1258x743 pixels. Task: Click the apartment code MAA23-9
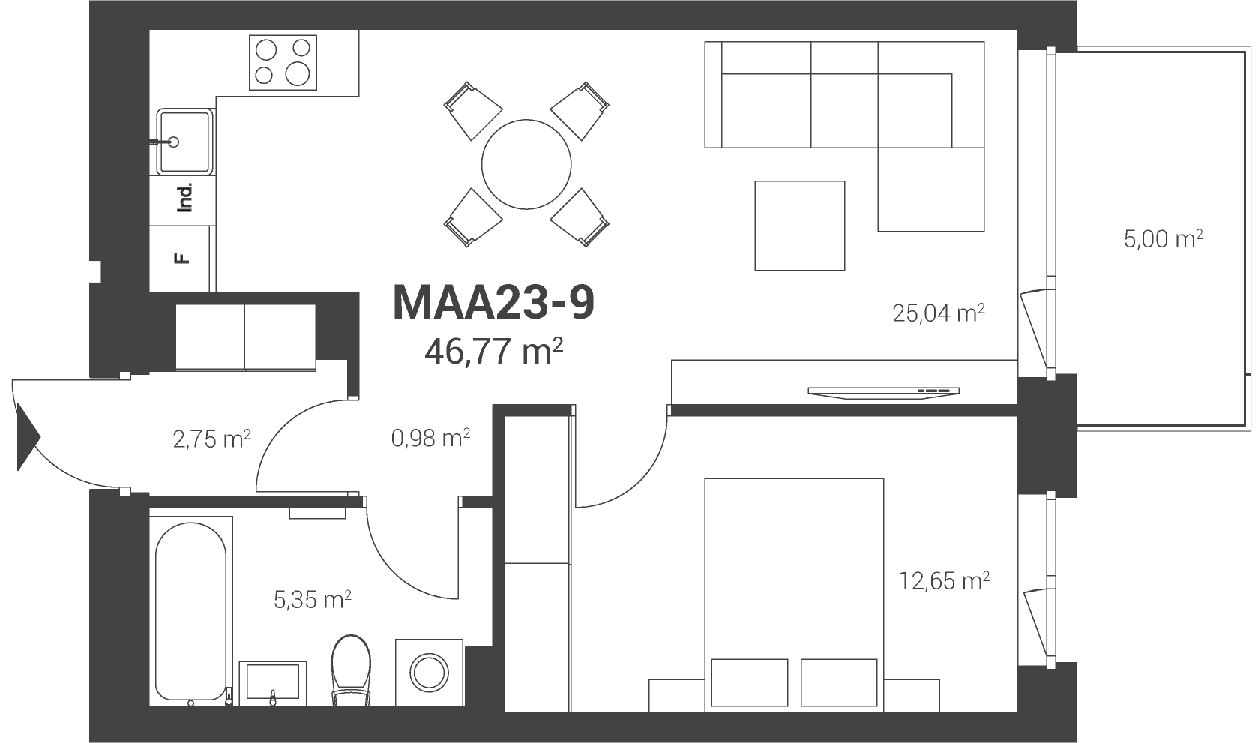click(493, 303)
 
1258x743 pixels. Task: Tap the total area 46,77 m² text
click(493, 352)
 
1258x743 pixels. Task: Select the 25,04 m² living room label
click(939, 313)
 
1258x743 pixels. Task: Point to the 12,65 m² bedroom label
click(944, 580)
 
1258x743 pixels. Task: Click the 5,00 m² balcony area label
click(1163, 238)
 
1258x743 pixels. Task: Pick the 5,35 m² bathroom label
click(313, 599)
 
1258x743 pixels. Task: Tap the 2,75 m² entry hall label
click(211, 439)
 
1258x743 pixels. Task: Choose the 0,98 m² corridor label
click(430, 438)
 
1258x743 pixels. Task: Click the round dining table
click(526, 164)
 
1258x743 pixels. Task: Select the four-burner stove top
click(283, 62)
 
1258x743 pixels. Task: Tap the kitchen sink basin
click(184, 142)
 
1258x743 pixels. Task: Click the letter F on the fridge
click(182, 259)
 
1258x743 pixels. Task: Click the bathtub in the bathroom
click(191, 611)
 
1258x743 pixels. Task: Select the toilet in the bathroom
click(351, 670)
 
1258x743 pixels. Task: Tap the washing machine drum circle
click(429, 673)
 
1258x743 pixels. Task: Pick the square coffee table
click(800, 226)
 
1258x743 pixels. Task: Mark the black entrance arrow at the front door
click(28, 437)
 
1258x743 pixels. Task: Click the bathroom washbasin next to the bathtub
click(273, 683)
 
